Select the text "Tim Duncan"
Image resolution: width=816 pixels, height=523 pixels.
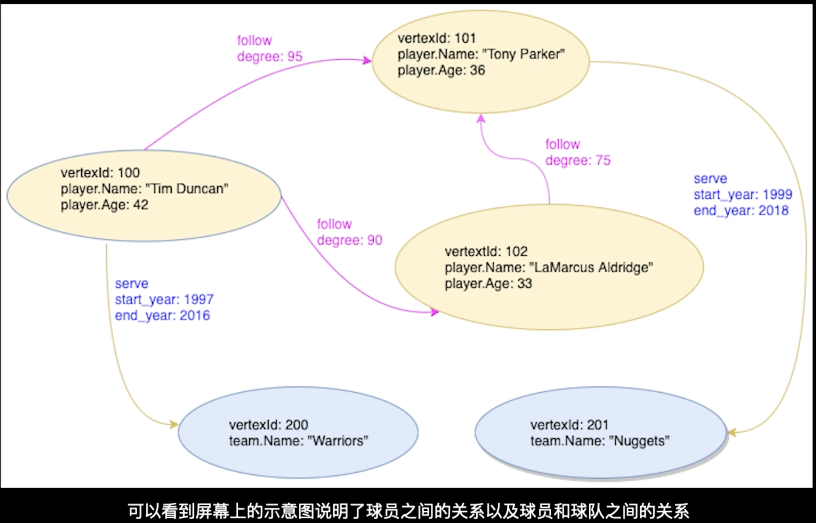pos(187,189)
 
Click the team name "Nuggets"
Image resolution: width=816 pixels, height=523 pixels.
pos(639,441)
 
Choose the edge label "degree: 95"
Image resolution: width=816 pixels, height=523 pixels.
pos(270,56)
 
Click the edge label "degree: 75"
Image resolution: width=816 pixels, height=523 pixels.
pos(577,160)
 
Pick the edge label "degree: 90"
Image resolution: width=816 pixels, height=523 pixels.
pos(349,240)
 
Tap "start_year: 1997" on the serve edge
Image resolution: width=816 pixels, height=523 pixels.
pos(164,299)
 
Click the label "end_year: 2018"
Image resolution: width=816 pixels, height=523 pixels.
pos(741,211)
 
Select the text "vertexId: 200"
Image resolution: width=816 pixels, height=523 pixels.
pos(268,425)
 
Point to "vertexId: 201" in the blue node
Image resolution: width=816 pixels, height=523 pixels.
pos(569,425)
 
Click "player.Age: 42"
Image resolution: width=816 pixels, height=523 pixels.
pos(104,205)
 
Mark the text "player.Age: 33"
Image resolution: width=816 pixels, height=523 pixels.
pos(488,284)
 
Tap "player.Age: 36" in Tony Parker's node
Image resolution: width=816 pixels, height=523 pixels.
pos(441,70)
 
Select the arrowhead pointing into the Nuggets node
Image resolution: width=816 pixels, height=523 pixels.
pos(731,432)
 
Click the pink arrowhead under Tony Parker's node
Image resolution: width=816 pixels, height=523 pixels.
pos(481,118)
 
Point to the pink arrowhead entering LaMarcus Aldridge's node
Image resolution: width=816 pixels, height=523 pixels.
pos(435,312)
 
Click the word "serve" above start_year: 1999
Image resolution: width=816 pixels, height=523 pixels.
pos(710,179)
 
